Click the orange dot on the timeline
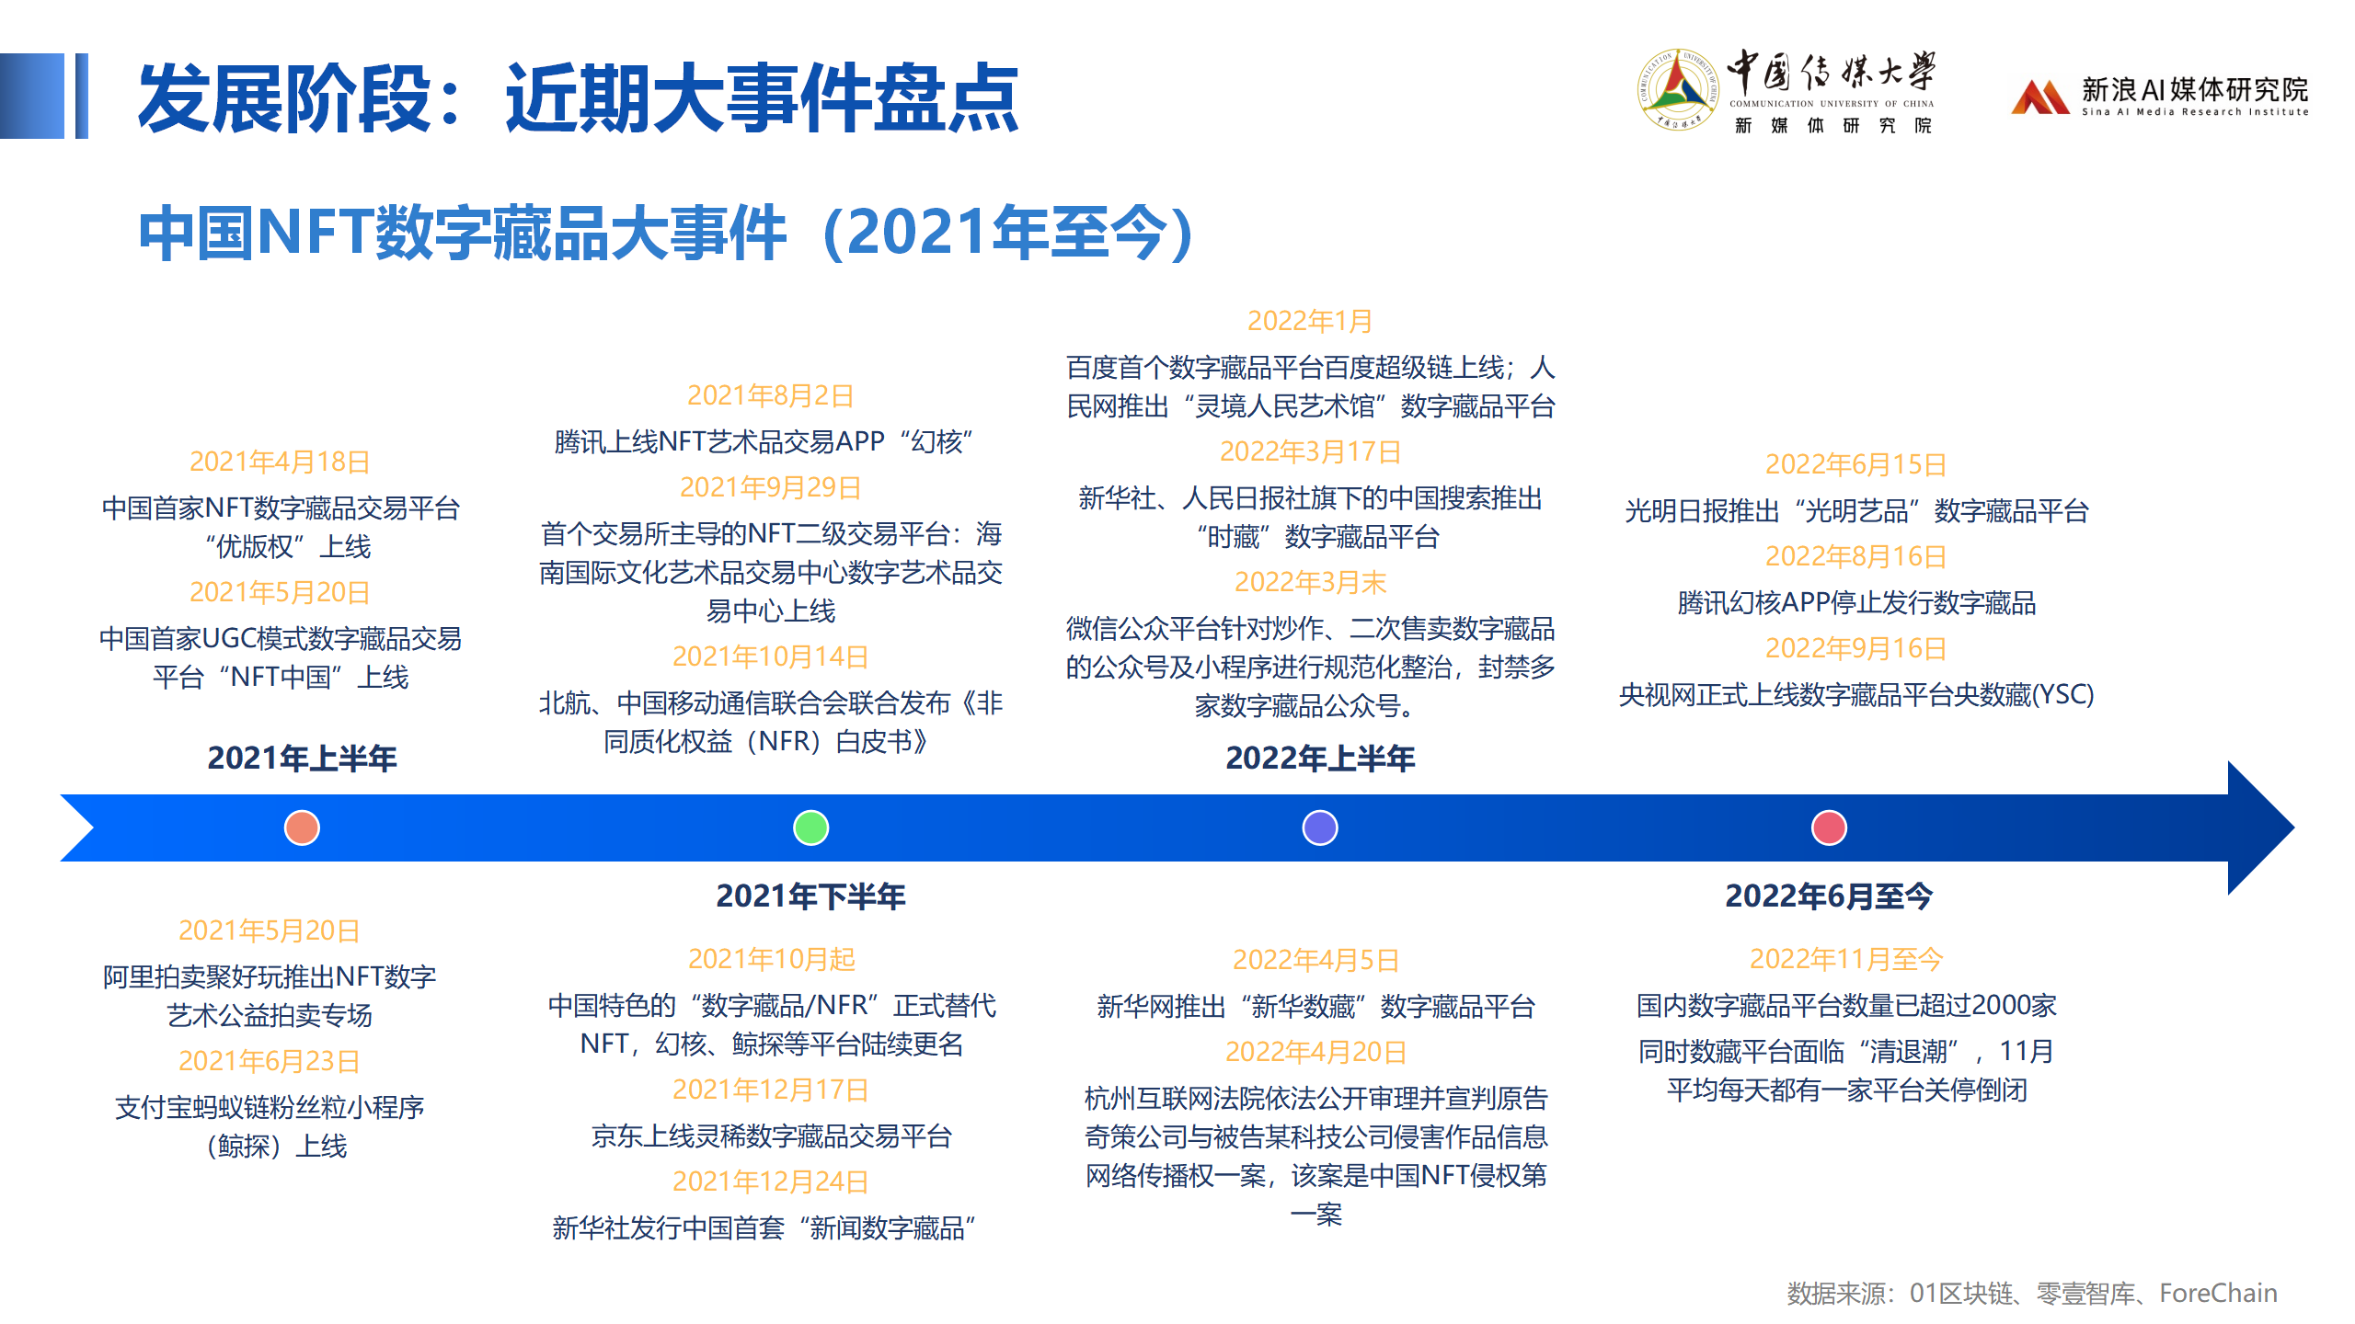[x=302, y=827]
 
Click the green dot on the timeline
[x=810, y=827]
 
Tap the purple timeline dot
[x=1320, y=827]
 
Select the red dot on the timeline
[x=1829, y=827]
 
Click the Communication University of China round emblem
[x=1678, y=90]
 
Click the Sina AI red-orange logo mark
[x=2039, y=97]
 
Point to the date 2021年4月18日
[x=280, y=462]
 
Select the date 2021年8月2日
[x=770, y=395]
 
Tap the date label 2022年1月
[x=1310, y=321]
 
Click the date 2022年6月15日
[x=1855, y=464]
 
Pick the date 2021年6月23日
[x=269, y=1061]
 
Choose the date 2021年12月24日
[x=771, y=1181]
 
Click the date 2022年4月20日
[x=1315, y=1052]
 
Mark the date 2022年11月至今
[x=1845, y=959]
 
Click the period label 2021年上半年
[x=302, y=759]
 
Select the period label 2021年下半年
[x=810, y=896]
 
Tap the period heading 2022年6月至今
[x=1829, y=896]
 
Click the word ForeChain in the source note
[x=2218, y=1293]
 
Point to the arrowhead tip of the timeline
[x=2293, y=827]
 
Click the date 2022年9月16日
[x=1855, y=648]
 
